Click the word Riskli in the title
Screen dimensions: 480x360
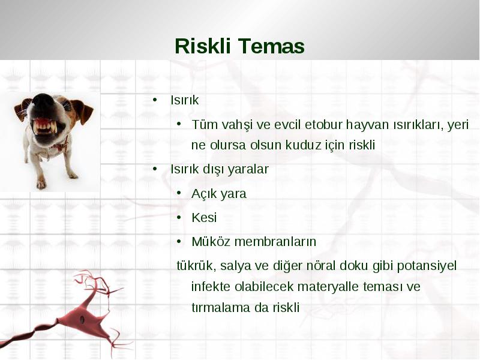point(202,46)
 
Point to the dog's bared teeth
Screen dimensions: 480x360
point(46,126)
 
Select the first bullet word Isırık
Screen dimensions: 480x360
point(185,100)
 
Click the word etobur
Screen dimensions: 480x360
point(323,125)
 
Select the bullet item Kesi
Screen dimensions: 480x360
point(204,218)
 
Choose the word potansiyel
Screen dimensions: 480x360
point(427,266)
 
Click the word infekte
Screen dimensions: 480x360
point(211,287)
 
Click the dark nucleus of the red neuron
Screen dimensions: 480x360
point(82,319)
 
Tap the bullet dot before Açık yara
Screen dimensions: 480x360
point(179,193)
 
